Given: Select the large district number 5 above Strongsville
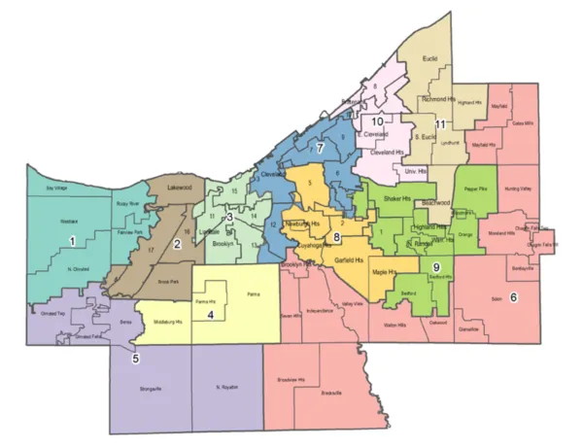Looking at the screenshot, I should point(135,358).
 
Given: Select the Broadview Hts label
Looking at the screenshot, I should point(292,379).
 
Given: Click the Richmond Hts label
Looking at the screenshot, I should point(438,99).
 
